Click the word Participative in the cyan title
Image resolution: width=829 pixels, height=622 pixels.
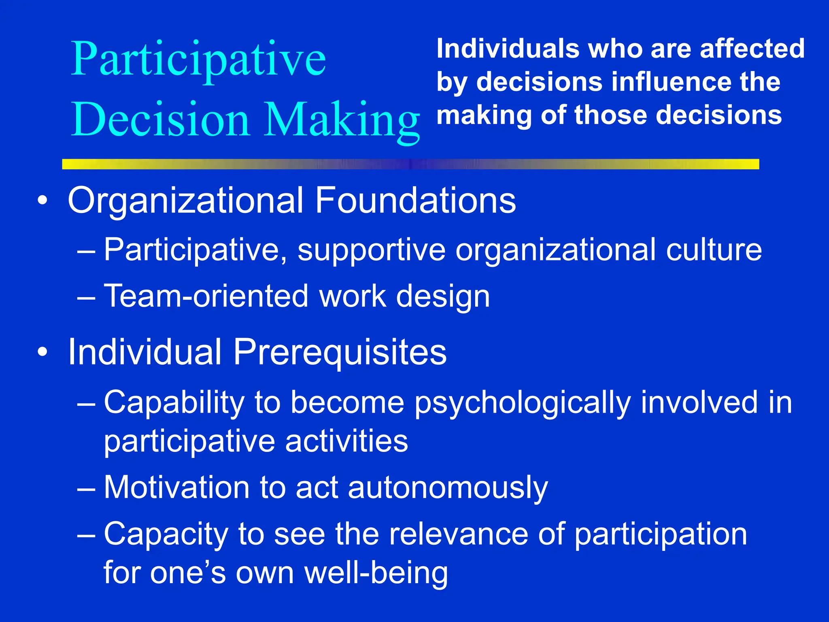198,60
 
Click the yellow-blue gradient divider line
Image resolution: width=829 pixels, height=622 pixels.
410,164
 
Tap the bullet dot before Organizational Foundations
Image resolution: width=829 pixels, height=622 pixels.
42,200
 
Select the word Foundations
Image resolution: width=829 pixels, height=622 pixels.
415,200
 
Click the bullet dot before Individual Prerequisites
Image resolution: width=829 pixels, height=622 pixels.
42,352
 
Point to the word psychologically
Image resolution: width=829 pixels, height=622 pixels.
522,403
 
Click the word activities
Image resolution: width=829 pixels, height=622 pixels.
346,441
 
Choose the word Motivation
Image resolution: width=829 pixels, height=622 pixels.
176,487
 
